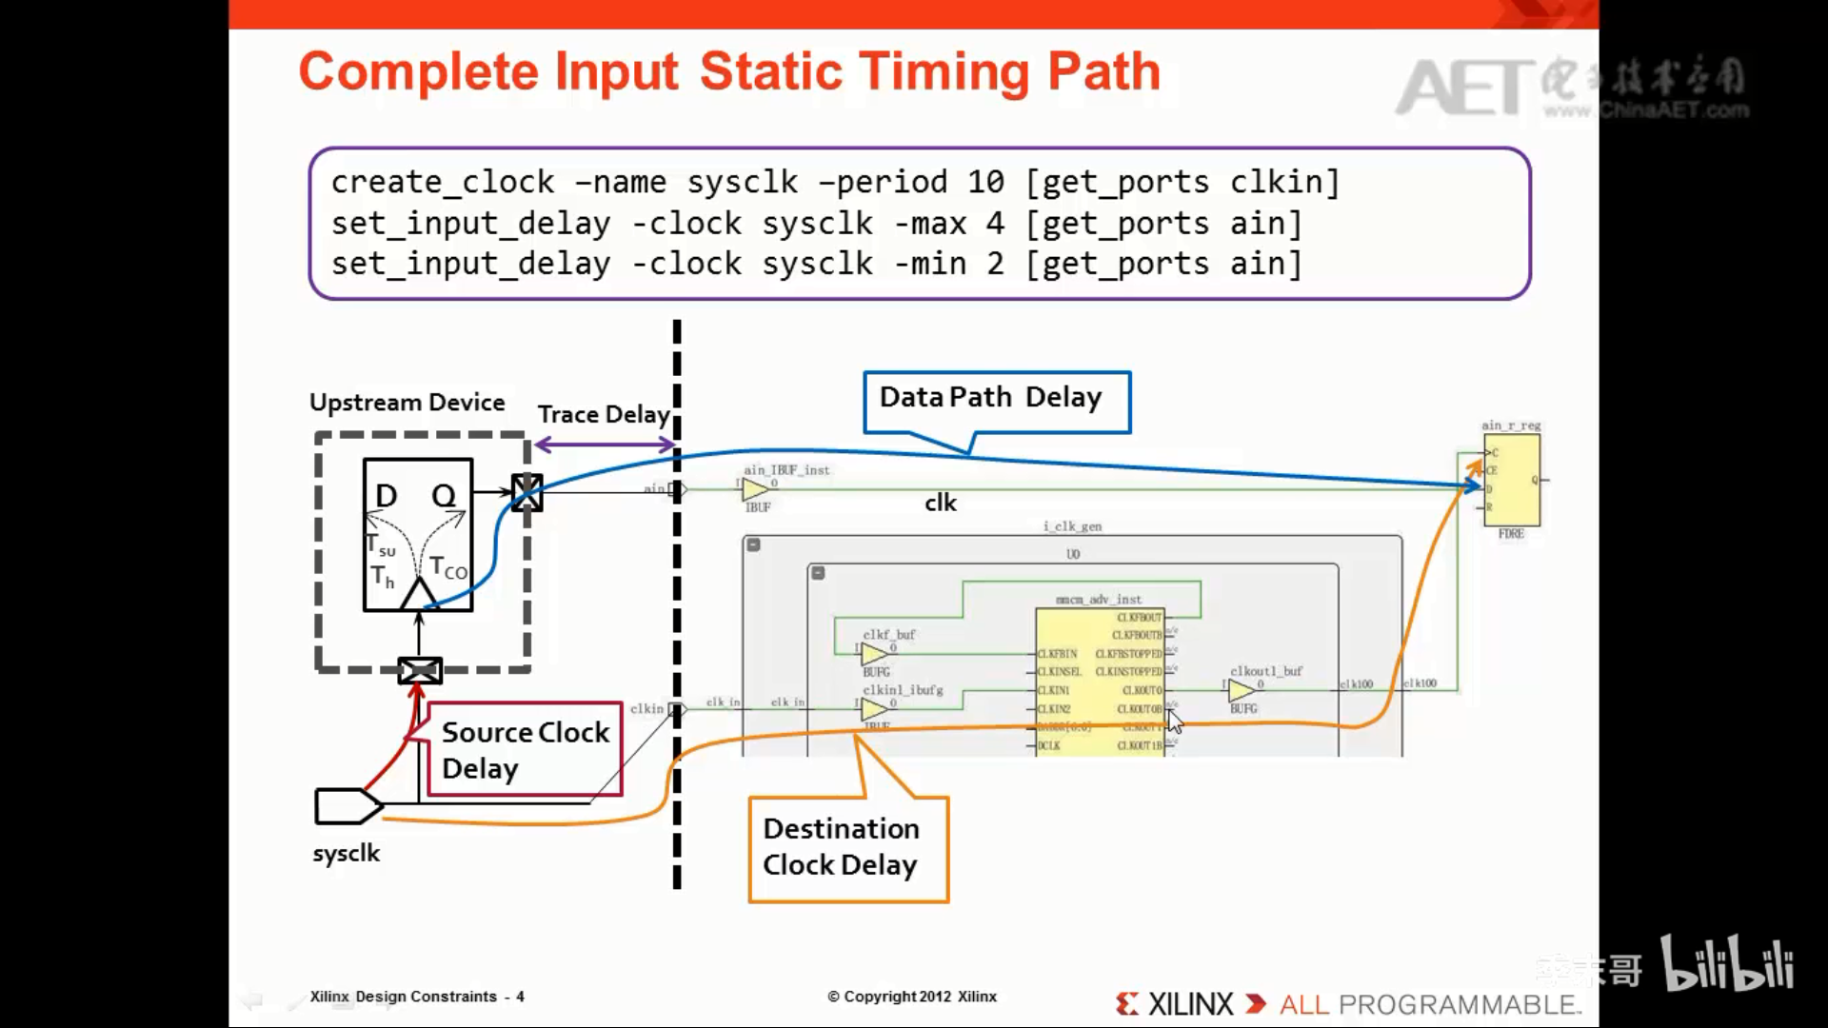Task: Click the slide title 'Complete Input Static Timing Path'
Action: coord(729,72)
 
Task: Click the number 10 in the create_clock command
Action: coord(985,182)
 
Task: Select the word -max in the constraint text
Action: coord(929,224)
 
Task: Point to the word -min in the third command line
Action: coord(929,264)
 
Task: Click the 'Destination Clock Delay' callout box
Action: coord(847,848)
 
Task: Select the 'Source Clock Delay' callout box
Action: coord(525,749)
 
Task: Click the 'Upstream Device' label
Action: coord(407,403)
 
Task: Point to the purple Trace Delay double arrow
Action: coord(605,445)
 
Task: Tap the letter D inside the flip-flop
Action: coord(386,496)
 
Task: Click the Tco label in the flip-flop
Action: coord(447,568)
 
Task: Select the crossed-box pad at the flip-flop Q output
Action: coord(527,492)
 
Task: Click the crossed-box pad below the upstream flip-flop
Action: coord(419,670)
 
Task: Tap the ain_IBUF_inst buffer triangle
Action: coord(754,489)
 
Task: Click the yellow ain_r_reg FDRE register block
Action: coord(1511,480)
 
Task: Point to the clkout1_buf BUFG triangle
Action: coord(1241,690)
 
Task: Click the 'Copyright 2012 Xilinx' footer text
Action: coord(912,997)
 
